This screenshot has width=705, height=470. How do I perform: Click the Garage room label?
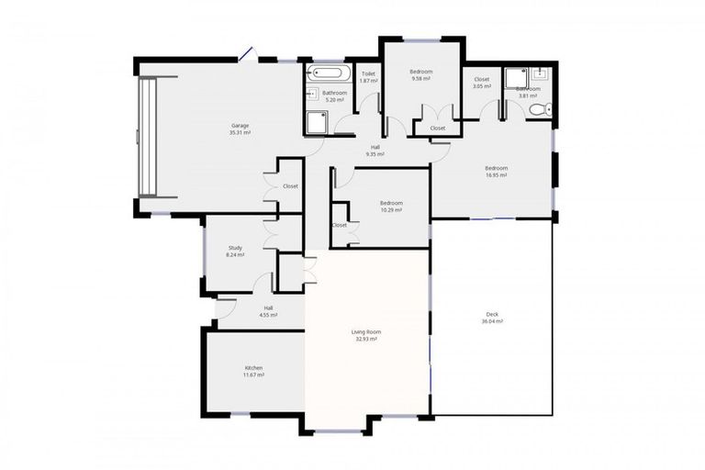240,126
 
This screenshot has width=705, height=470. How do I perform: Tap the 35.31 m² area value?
240,133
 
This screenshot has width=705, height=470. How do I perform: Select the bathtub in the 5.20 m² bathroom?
327,73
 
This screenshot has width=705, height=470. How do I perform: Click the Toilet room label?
368,73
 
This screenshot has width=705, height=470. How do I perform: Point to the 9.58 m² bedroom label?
421,72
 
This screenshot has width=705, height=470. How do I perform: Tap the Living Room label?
365,331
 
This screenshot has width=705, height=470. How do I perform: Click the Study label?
236,248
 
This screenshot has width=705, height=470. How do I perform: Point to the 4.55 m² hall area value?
268,315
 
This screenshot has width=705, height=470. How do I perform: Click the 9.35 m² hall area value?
375,154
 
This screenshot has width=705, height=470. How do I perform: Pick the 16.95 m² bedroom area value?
497,175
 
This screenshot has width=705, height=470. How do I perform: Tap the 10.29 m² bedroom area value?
391,210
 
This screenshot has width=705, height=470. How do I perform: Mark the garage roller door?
148,138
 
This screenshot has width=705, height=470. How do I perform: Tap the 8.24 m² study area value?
236,255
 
